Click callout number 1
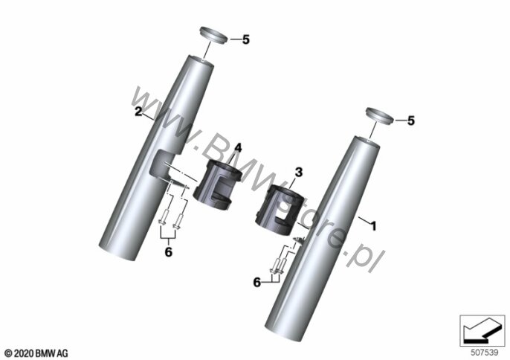pyautogui.click(x=374, y=226)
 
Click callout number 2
pyautogui.click(x=138, y=112)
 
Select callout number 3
pyautogui.click(x=299, y=172)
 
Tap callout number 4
pyautogui.click(x=239, y=148)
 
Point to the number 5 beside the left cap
pyautogui.click(x=246, y=39)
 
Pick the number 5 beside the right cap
pyautogui.click(x=411, y=120)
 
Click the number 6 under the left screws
pyautogui.click(x=169, y=252)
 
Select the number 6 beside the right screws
pyautogui.click(x=257, y=282)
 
